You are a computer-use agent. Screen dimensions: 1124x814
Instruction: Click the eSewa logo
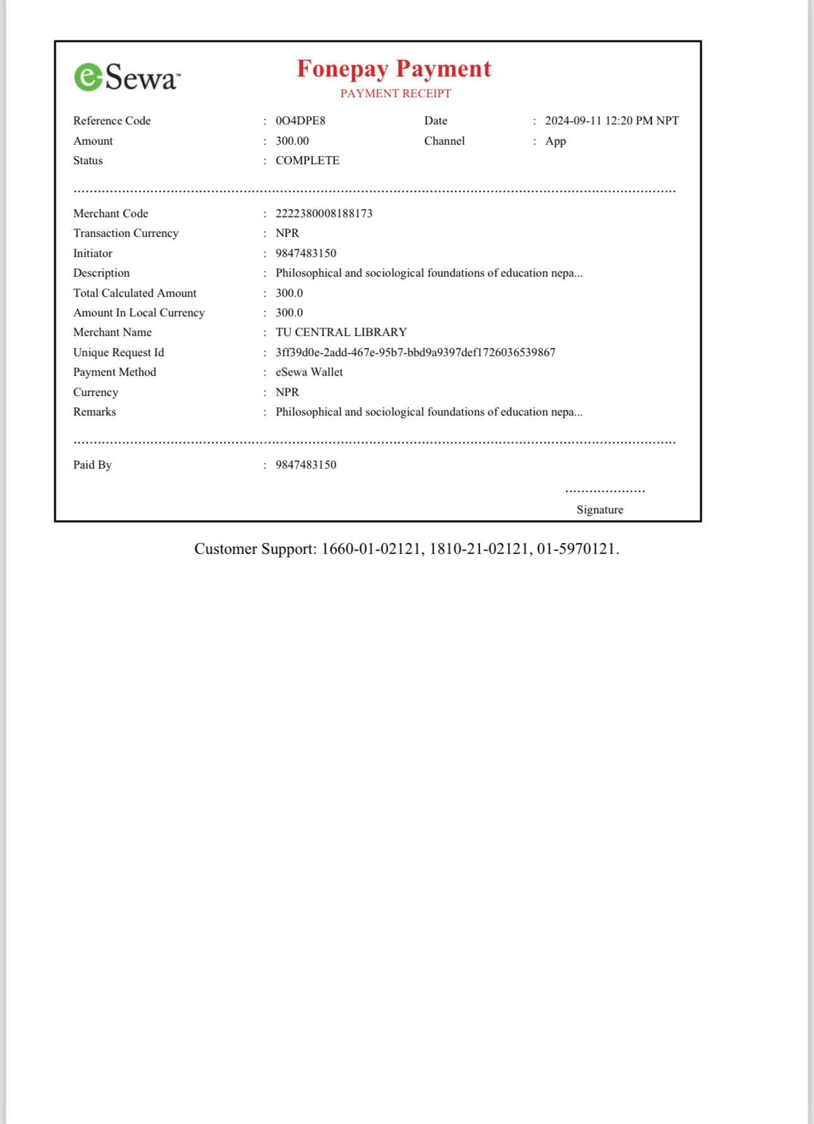click(127, 77)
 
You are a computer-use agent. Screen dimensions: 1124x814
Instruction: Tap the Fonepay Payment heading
click(394, 69)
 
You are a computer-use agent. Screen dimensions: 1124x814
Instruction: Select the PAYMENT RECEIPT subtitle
click(396, 93)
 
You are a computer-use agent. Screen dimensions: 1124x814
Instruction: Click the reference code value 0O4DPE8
click(300, 121)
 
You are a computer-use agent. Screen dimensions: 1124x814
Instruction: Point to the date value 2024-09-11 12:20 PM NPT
click(611, 121)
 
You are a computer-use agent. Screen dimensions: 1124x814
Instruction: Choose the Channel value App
click(555, 141)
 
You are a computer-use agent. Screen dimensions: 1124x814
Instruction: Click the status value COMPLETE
click(307, 160)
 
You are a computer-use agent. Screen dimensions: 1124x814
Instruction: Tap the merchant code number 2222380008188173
click(324, 213)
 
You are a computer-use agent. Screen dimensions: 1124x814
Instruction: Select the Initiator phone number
click(305, 253)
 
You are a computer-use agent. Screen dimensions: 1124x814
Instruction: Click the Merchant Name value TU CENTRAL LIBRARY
click(341, 332)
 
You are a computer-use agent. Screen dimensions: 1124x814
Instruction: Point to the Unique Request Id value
click(415, 352)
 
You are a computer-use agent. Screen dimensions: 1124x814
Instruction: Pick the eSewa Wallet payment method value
click(309, 372)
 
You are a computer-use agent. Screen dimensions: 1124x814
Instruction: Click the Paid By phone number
click(305, 465)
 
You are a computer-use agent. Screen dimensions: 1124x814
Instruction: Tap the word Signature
click(599, 510)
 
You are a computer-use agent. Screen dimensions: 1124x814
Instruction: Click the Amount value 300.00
click(292, 141)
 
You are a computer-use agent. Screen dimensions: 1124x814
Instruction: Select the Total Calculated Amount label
click(134, 293)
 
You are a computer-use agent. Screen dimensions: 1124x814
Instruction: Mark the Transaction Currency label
click(126, 233)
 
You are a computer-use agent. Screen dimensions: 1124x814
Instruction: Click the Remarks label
click(95, 412)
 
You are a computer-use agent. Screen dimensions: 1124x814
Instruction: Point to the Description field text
click(428, 273)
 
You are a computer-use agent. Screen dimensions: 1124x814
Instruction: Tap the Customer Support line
click(406, 549)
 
